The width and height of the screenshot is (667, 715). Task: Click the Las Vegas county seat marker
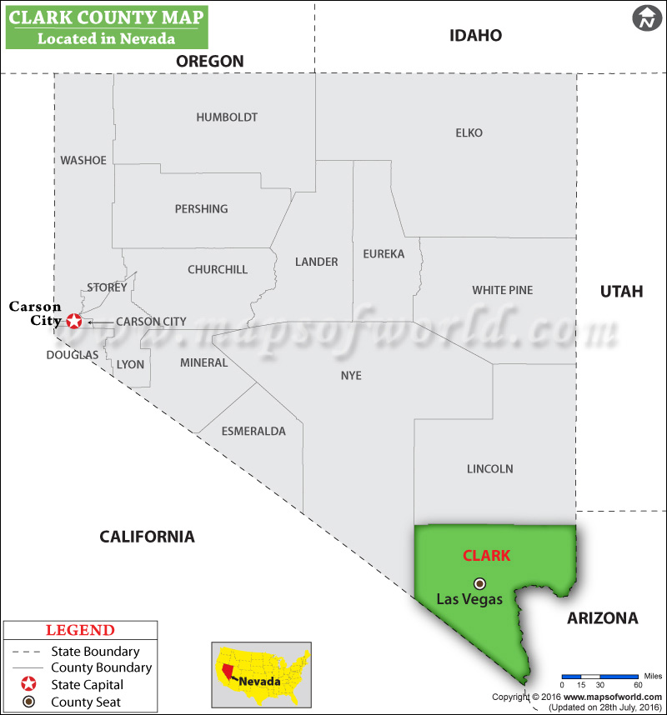point(479,583)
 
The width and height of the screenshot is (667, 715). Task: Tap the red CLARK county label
point(486,556)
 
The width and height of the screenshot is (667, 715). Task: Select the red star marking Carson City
point(74,321)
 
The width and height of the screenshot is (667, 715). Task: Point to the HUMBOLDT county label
point(227,117)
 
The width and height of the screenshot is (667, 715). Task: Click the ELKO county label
point(469,132)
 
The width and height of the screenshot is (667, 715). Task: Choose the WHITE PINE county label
point(502,290)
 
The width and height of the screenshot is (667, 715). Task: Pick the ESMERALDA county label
point(253,431)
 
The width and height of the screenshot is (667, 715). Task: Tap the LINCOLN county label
point(489,469)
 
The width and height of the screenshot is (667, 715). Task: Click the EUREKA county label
point(384,253)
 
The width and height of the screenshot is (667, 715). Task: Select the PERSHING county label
point(201,209)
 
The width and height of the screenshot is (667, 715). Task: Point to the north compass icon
point(645,17)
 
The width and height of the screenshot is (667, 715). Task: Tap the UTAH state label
point(622,291)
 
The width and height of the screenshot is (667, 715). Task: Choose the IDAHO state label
point(475,36)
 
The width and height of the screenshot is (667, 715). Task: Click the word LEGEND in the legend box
point(80,631)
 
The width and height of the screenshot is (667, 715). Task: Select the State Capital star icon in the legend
point(29,684)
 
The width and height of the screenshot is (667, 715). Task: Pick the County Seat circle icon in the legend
point(29,702)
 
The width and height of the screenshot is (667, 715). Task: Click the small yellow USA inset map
point(260,673)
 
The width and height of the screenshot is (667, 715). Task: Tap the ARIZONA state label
point(602,618)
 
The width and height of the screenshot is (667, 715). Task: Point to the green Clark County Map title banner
point(107,26)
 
